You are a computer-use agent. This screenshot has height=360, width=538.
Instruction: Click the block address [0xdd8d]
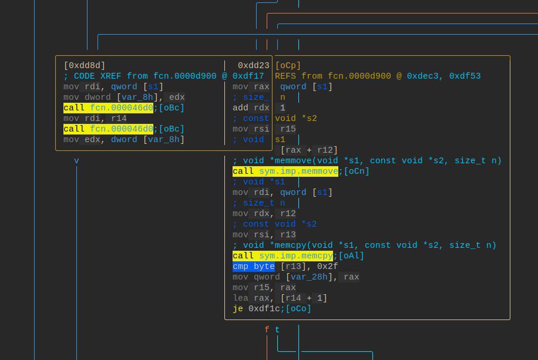[x=85, y=66]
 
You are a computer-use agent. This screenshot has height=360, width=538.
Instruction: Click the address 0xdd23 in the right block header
[x=254, y=66]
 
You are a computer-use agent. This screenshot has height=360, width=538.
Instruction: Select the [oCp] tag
[x=288, y=66]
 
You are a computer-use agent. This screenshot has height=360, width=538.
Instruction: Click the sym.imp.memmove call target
[x=298, y=171]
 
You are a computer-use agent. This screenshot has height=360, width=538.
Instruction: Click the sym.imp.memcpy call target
[x=296, y=256]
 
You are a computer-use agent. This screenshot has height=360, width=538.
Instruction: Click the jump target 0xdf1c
[x=264, y=309]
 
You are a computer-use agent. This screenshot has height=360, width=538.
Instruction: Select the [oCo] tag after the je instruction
[x=298, y=309]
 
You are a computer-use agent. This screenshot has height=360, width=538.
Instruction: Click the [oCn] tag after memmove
[x=357, y=171]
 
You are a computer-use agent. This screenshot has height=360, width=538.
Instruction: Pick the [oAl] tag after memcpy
[x=351, y=256]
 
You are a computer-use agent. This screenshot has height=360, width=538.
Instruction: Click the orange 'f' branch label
[x=267, y=330]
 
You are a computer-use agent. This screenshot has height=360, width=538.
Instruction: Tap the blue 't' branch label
[x=277, y=330]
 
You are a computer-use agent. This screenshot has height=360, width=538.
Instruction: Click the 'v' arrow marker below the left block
[x=76, y=161]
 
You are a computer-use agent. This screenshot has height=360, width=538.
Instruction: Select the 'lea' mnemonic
[x=240, y=298]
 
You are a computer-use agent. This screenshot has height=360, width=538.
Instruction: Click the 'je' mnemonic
[x=238, y=309]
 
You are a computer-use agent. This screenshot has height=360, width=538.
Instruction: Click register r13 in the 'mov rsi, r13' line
[x=288, y=235]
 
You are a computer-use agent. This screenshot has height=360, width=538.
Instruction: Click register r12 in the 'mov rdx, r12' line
[x=288, y=214]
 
